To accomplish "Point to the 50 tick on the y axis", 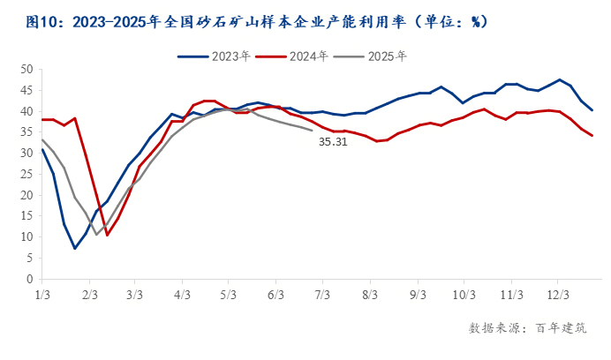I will [26, 69].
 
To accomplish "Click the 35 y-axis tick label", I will [26, 131].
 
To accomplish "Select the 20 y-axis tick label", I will [26, 195].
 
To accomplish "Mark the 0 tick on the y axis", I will [30, 279].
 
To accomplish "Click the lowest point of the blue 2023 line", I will [75, 248].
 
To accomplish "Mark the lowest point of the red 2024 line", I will [108, 235].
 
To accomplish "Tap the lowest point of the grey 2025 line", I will [97, 234].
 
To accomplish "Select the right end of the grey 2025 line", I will [313, 131].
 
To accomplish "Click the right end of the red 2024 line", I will [592, 136].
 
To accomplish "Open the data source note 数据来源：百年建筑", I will [527, 328].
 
